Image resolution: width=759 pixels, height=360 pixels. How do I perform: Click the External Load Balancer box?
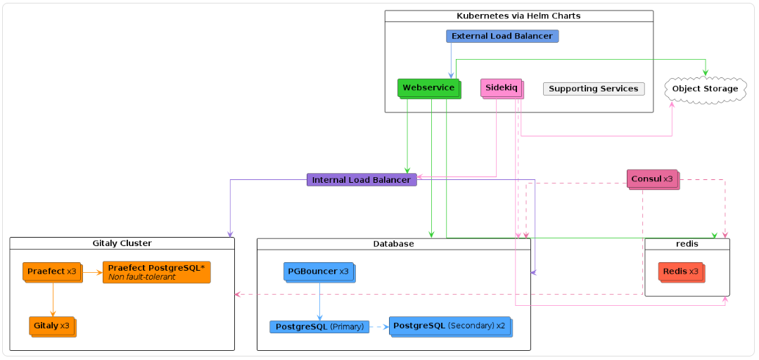click(x=502, y=36)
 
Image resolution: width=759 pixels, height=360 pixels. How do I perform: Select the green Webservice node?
click(x=428, y=88)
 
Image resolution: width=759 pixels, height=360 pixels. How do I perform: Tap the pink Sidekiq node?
click(x=501, y=88)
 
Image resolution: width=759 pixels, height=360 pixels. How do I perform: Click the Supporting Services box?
click(x=593, y=89)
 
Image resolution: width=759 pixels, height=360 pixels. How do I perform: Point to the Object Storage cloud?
click(x=705, y=89)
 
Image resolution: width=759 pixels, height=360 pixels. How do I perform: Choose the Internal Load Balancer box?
click(x=361, y=179)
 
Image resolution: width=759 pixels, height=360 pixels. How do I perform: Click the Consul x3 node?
click(x=652, y=179)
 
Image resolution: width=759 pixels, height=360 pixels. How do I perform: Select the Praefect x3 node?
click(x=52, y=271)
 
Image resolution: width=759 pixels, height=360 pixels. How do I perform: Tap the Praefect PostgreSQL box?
click(x=156, y=272)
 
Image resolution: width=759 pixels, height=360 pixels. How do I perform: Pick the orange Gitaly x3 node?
click(x=52, y=326)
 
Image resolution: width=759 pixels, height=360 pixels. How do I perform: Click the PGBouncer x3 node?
click(x=319, y=271)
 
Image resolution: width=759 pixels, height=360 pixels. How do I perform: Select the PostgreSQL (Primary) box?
click(x=319, y=327)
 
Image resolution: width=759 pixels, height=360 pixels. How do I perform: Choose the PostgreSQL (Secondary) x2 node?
click(x=450, y=326)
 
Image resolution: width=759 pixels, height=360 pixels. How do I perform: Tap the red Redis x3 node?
click(x=680, y=271)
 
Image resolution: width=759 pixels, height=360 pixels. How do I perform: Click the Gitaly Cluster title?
click(x=122, y=243)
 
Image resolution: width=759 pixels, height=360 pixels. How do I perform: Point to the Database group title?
click(x=393, y=243)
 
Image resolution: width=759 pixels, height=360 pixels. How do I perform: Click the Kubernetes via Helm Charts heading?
click(x=518, y=15)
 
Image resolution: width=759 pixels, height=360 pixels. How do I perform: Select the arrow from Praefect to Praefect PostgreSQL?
click(x=93, y=271)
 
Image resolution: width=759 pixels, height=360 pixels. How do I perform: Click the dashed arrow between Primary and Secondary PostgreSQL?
click(x=378, y=327)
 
